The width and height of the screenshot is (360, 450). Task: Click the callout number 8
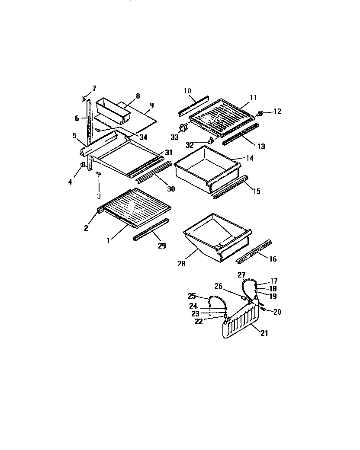pos(138,96)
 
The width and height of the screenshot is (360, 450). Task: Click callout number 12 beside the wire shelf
pos(277,112)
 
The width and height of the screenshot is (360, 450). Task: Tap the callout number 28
pos(182,263)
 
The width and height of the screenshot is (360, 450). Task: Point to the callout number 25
pos(192,296)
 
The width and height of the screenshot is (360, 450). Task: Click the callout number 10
pos(187,91)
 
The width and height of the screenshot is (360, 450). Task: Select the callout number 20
pos(277,312)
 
